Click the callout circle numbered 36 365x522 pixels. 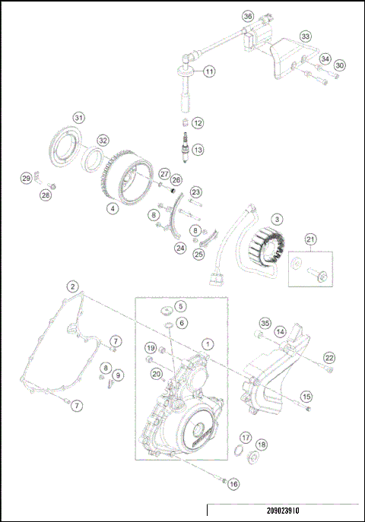(247, 16)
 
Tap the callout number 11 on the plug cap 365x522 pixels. (208, 71)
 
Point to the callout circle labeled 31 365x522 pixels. (79, 117)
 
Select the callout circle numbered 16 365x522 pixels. (233, 483)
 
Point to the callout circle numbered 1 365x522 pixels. (208, 344)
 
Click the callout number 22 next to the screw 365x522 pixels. (328, 358)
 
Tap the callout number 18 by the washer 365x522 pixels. (262, 444)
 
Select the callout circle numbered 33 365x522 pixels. (305, 36)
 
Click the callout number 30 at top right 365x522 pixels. (339, 65)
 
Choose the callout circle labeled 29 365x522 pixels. (26, 179)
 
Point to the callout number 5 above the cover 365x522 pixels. (180, 306)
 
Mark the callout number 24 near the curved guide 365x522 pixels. (180, 247)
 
